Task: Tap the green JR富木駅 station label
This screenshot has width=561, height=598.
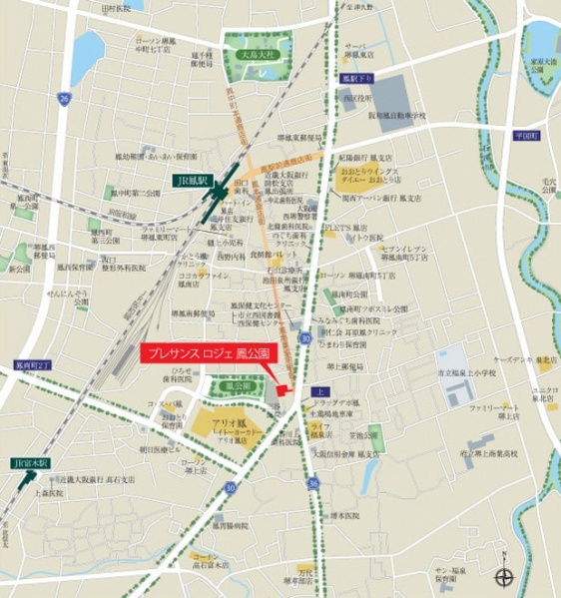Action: [x=29, y=465]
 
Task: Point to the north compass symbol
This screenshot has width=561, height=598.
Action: [x=506, y=574]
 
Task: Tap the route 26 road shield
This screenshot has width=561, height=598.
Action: [x=64, y=98]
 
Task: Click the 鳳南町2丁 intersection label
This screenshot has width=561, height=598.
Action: [x=18, y=367]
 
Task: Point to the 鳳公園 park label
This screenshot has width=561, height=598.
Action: [x=237, y=383]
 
